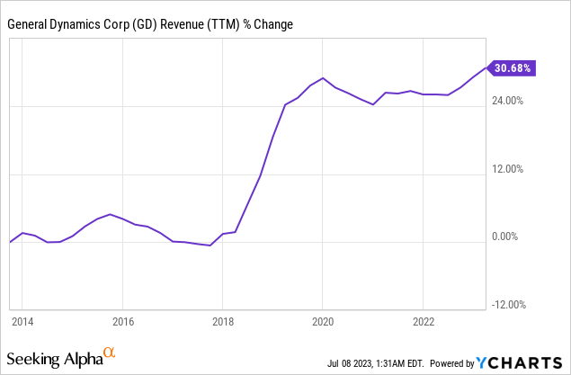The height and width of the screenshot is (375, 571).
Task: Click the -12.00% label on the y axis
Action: click(x=510, y=305)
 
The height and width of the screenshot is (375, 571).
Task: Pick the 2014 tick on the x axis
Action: click(x=22, y=321)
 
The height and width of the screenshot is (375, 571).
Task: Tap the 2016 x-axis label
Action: click(x=123, y=321)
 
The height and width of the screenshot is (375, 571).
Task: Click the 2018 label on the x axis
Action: click(x=223, y=321)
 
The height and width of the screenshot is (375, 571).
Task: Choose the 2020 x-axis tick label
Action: click(x=323, y=321)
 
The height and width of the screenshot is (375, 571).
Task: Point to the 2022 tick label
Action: click(x=424, y=321)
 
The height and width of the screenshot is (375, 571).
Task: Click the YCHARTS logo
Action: click(x=522, y=362)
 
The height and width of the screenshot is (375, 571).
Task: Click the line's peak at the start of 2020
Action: click(x=323, y=78)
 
